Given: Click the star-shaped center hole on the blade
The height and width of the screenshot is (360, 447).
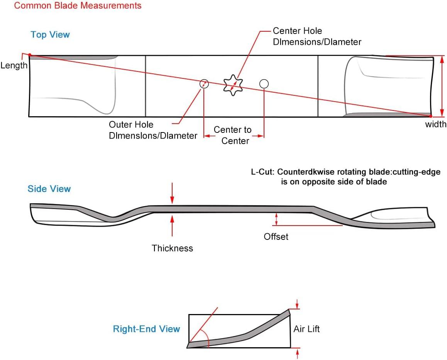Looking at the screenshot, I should coord(233,85).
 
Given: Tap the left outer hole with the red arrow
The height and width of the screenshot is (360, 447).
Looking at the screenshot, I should coord(204,83).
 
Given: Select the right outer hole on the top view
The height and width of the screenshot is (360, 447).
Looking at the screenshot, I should coord(264,83).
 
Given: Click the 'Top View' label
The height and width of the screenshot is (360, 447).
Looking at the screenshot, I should coord(50,35).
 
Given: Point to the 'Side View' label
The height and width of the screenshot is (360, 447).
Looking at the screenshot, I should coord(49,189).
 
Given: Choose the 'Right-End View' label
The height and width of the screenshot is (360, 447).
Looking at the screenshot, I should coord(146,329).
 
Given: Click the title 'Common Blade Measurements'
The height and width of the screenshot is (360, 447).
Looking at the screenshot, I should coord(78,6).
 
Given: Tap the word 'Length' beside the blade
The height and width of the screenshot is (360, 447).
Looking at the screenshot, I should coord(14,65).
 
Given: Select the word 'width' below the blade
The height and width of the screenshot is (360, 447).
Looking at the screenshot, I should coord(435,124).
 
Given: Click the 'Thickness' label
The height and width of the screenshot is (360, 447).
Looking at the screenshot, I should coord(172,248).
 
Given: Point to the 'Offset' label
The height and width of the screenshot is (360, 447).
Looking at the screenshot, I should coord(276,236).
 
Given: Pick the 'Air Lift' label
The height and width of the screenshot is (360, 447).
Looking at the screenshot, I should coord(306,329).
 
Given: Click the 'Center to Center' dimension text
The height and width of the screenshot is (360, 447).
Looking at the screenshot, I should coord(233,135).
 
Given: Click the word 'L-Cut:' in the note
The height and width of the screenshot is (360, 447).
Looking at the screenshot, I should coord(262,172).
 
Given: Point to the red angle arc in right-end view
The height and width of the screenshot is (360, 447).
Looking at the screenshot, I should coord(207,338).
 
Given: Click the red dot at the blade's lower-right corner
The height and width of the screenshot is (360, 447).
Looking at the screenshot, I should coord(430,116).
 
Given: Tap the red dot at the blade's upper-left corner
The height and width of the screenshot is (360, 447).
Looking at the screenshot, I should coord(30,55).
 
